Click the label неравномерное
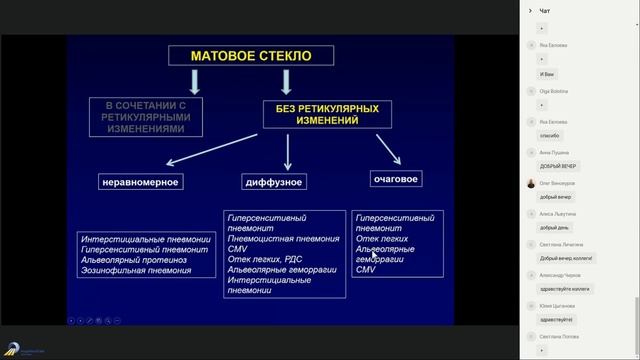click(139, 182)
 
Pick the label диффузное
click(274, 182)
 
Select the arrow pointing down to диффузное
click(288, 151)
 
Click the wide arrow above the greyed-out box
click(194, 80)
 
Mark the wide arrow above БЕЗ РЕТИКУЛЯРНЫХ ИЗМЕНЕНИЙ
click(287, 80)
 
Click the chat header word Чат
click(545, 11)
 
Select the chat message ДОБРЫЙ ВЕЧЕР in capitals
click(558, 166)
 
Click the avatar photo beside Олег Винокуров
click(530, 183)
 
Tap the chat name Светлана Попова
click(559, 336)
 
